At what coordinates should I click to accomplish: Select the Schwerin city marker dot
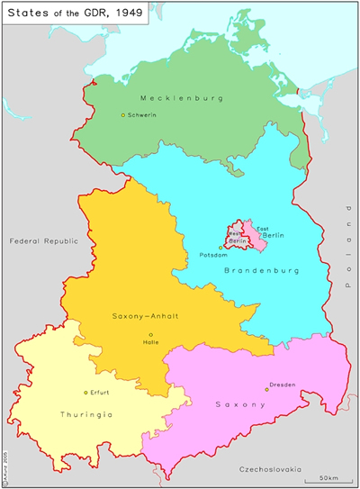coord(123,114)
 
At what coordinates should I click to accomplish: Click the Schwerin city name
coord(143,115)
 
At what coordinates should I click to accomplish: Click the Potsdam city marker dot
coord(220,248)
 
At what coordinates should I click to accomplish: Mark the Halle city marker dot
coord(150,334)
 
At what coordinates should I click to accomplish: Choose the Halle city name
coord(150,342)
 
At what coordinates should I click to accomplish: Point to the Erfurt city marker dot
coord(85,393)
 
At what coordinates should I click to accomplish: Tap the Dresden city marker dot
coord(267,389)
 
